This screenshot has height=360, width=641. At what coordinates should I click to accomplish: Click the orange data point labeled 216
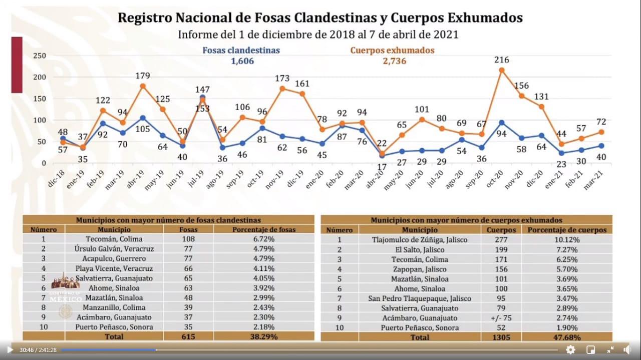pyautogui.click(x=501, y=70)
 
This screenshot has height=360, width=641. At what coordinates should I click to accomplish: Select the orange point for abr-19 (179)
pyautogui.click(x=143, y=86)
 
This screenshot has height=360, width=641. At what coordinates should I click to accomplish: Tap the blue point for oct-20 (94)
pyautogui.click(x=501, y=123)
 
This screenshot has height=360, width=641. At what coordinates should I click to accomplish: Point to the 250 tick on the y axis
pyautogui.click(x=40, y=56)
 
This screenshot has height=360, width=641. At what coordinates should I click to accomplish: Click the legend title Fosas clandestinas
pyautogui.click(x=241, y=50)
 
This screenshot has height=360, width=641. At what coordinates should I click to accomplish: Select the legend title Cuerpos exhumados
pyautogui.click(x=392, y=50)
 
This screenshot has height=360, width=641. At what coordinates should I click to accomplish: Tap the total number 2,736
pyautogui.click(x=392, y=61)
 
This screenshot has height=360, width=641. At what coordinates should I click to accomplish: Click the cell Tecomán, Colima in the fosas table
pyautogui.click(x=114, y=239)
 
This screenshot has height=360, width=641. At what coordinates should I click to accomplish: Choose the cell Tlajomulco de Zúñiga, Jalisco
pyautogui.click(x=412, y=240)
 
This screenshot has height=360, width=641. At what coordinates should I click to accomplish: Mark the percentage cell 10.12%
pyautogui.click(x=566, y=240)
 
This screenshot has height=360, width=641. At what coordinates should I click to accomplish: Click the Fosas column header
pyautogui.click(x=188, y=229)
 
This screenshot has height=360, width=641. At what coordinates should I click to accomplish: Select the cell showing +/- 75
pyautogui.click(x=501, y=318)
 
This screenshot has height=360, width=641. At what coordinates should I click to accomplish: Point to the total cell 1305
pyautogui.click(x=501, y=337)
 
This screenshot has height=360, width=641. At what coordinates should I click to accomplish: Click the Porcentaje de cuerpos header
pyautogui.click(x=566, y=230)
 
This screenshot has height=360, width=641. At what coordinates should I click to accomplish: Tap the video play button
pyautogui.click(x=10, y=349)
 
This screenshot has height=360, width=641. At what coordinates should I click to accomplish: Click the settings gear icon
pyautogui.click(x=570, y=349)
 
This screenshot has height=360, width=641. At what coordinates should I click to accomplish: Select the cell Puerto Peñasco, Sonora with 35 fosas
pyautogui.click(x=114, y=327)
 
